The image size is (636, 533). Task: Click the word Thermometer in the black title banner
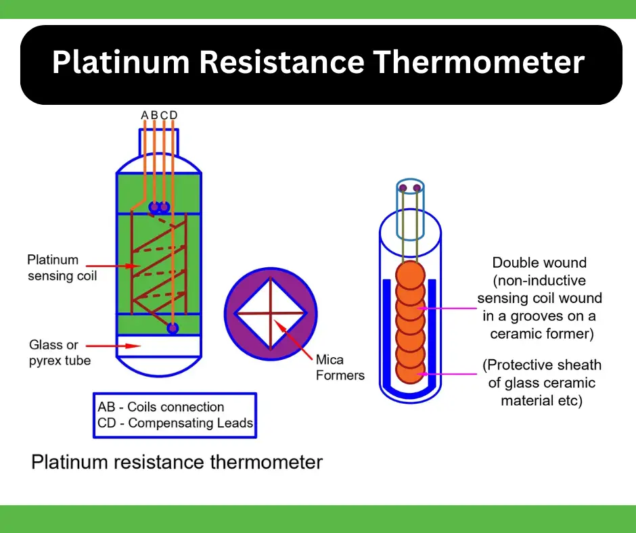[x=478, y=63]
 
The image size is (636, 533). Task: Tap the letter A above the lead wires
[x=144, y=116]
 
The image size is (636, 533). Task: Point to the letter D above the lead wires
[x=174, y=116]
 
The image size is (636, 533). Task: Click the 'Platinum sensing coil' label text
[x=62, y=268]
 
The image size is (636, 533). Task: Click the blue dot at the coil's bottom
[x=173, y=328]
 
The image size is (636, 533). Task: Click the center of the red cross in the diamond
[x=270, y=314]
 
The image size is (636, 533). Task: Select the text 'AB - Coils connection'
[x=160, y=407]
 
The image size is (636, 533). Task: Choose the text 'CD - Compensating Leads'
[x=175, y=423]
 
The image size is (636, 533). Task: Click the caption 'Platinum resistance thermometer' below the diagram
[x=177, y=463]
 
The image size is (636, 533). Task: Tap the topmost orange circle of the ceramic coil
[x=409, y=275]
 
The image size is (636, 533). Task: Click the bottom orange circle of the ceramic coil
[x=409, y=371]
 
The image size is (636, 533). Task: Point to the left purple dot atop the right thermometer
[x=403, y=187]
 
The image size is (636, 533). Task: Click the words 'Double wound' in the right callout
[x=539, y=263]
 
